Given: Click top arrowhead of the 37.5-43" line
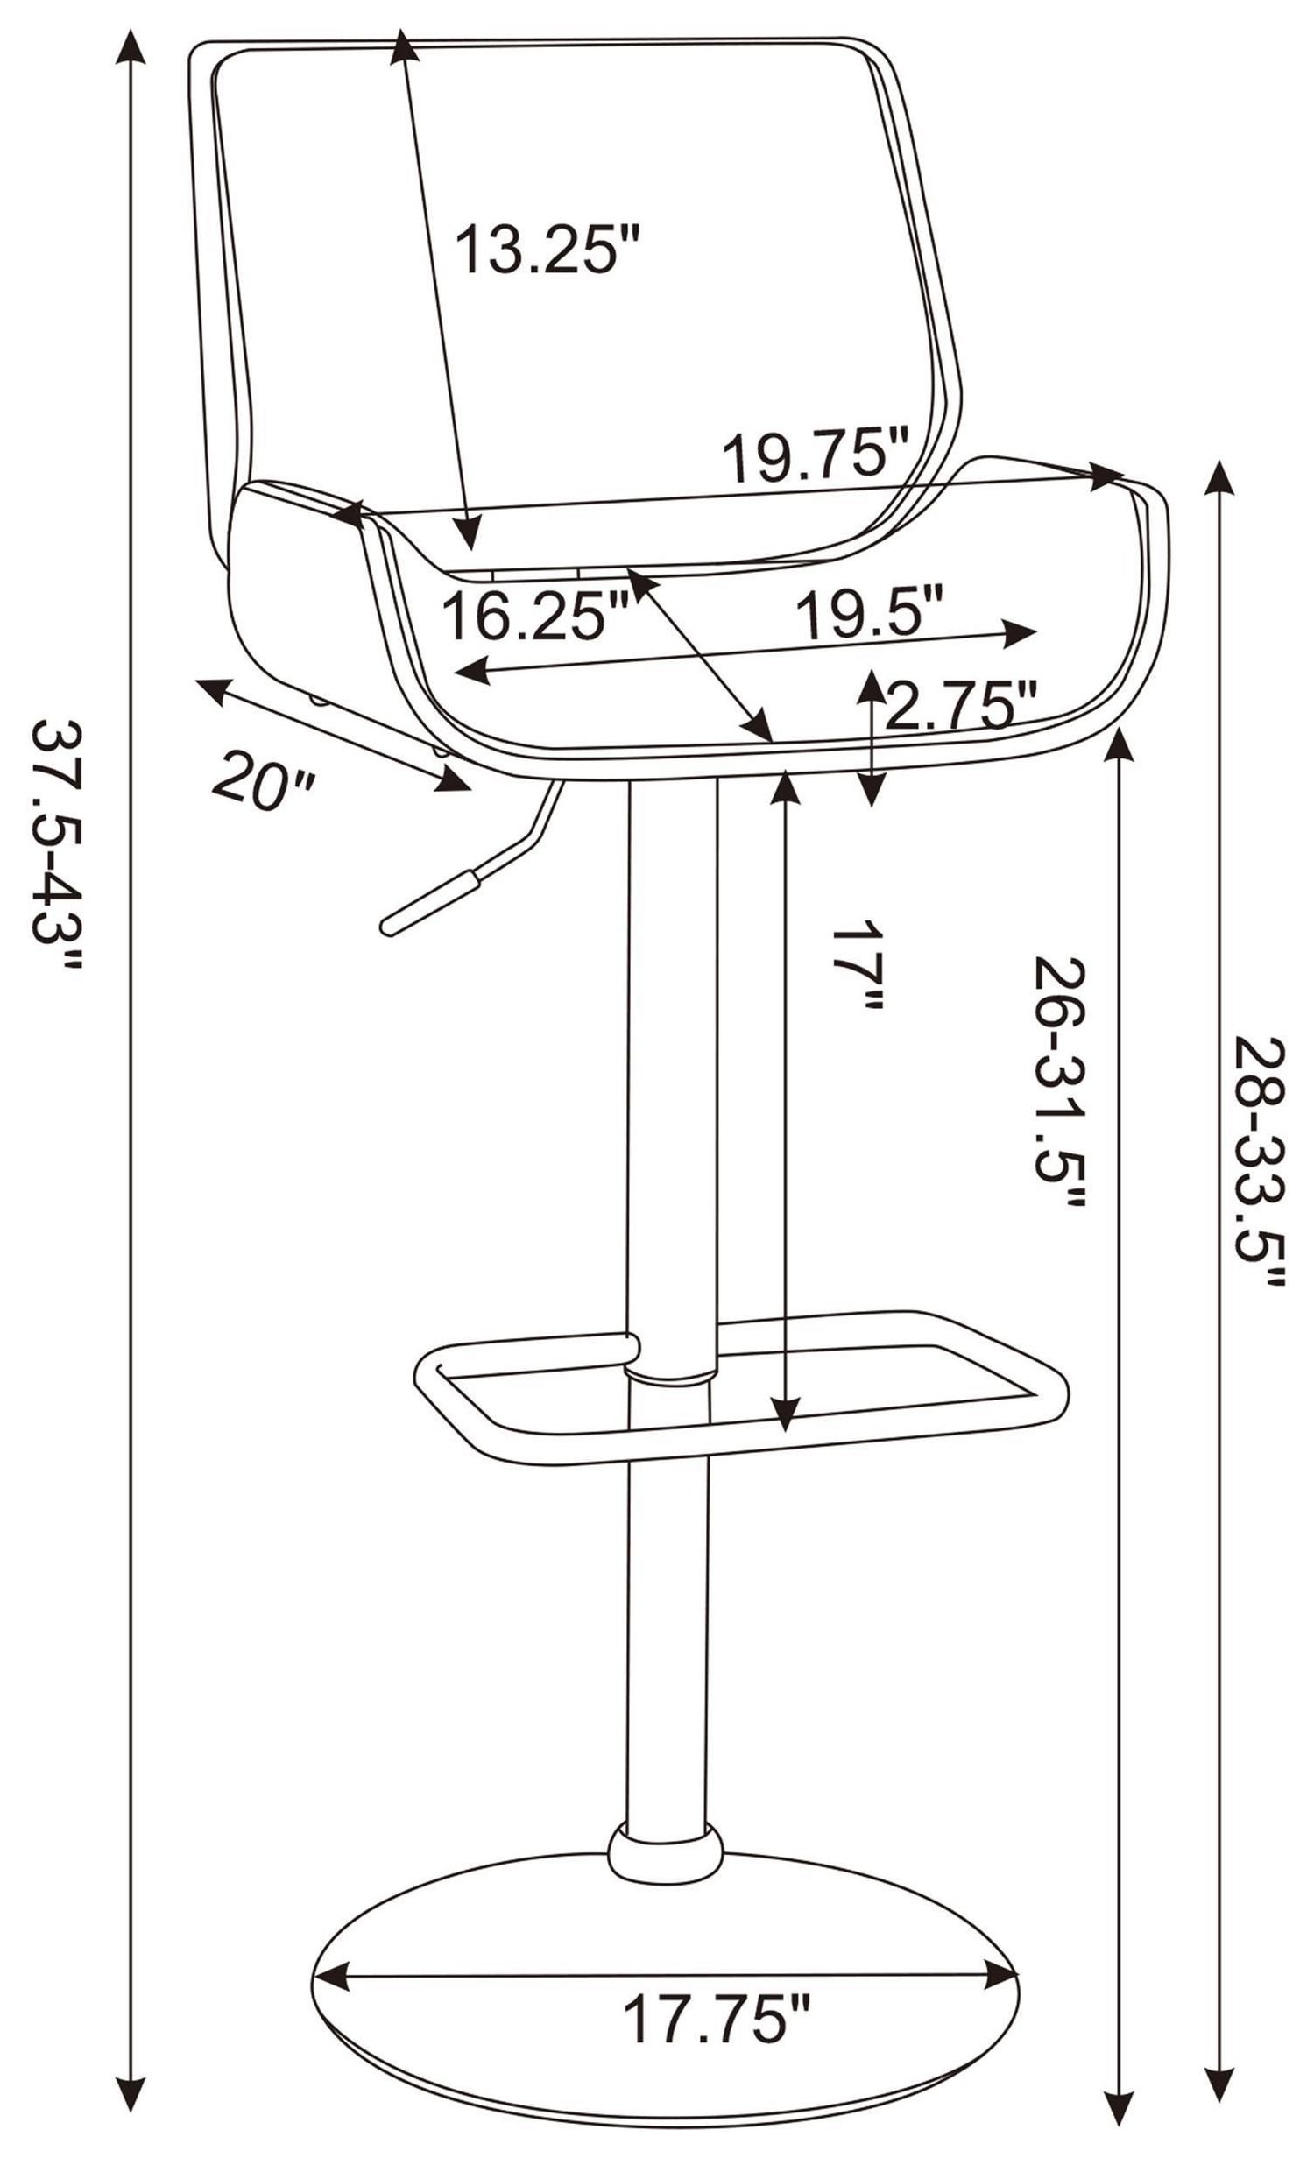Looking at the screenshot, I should [131, 44].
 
